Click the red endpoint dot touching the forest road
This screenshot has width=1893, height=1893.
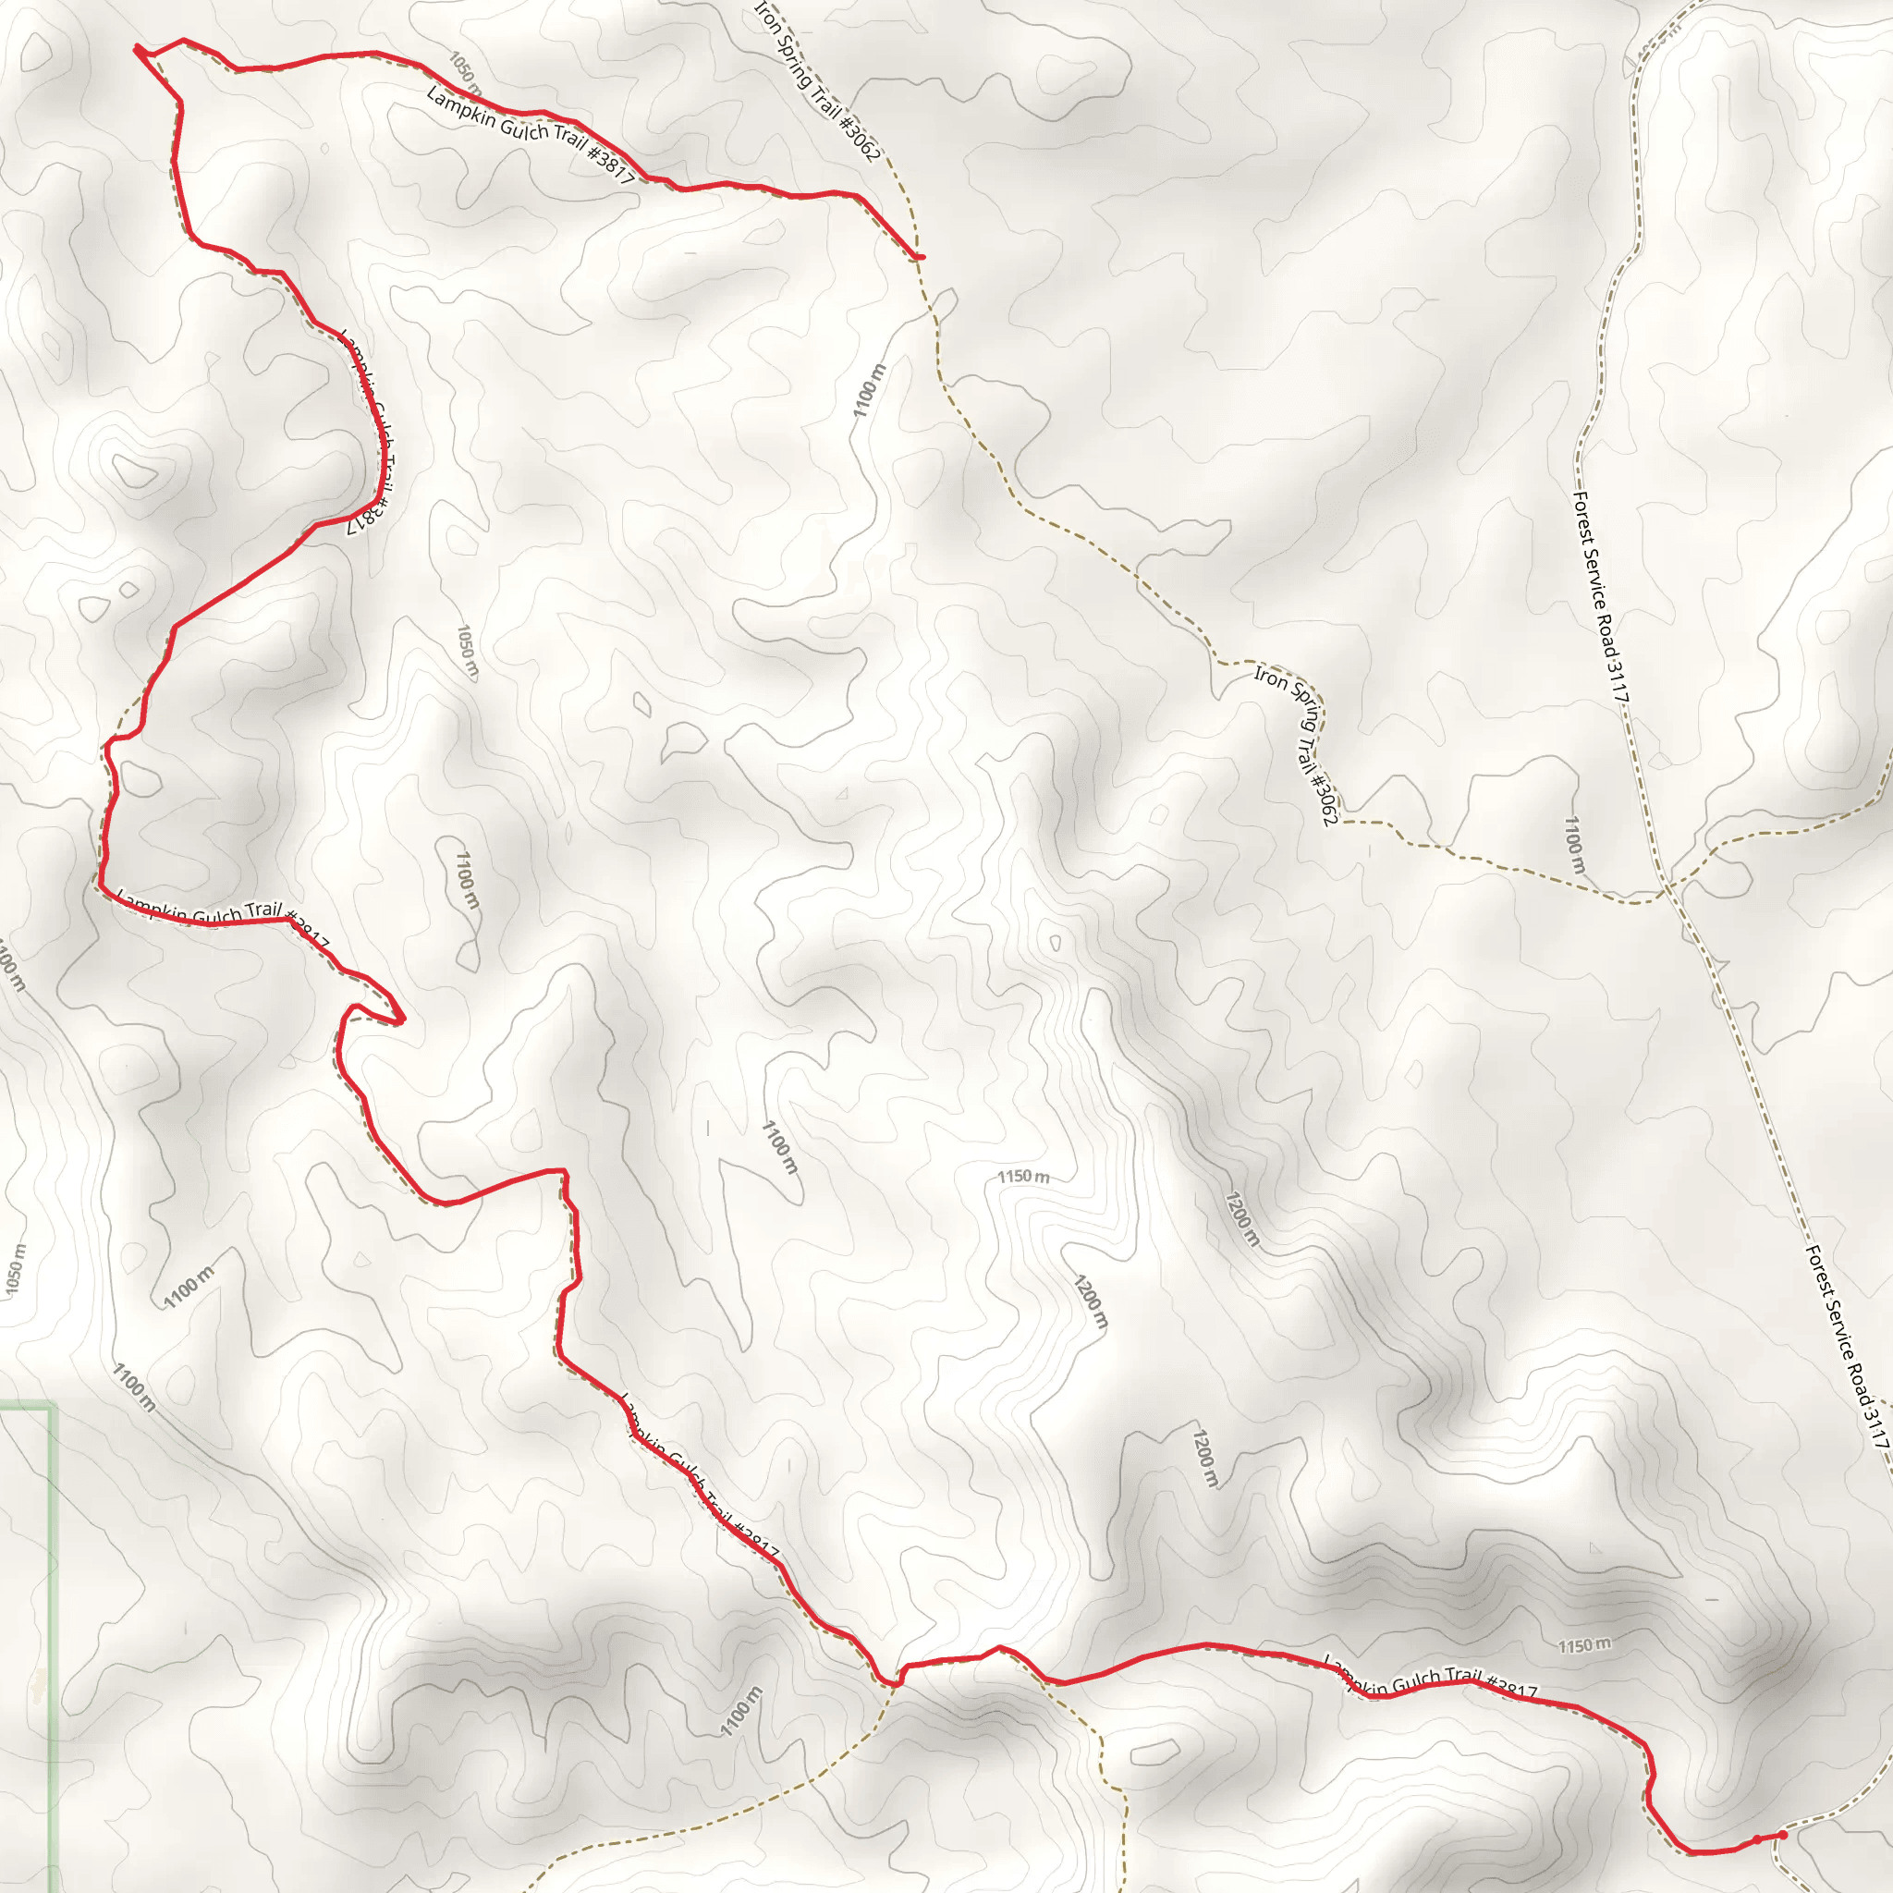(1782, 1834)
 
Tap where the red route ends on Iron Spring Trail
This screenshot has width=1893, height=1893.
(920, 258)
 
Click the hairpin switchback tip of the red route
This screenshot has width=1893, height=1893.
(401, 1020)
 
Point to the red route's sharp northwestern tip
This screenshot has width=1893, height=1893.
(136, 46)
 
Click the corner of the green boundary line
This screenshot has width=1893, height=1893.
(53, 1408)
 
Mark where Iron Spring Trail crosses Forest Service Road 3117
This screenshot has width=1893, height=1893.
(1667, 890)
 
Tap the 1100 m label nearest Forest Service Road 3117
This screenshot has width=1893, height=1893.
(1573, 845)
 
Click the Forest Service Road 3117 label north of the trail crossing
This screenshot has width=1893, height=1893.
(1600, 596)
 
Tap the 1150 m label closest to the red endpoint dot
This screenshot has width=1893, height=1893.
(1584, 1644)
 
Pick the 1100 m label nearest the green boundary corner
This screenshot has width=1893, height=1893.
(133, 1386)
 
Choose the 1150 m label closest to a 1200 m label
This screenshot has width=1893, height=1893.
(1024, 1176)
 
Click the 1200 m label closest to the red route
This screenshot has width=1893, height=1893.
(1204, 1459)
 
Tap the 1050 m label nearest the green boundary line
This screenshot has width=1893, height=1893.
(16, 1269)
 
